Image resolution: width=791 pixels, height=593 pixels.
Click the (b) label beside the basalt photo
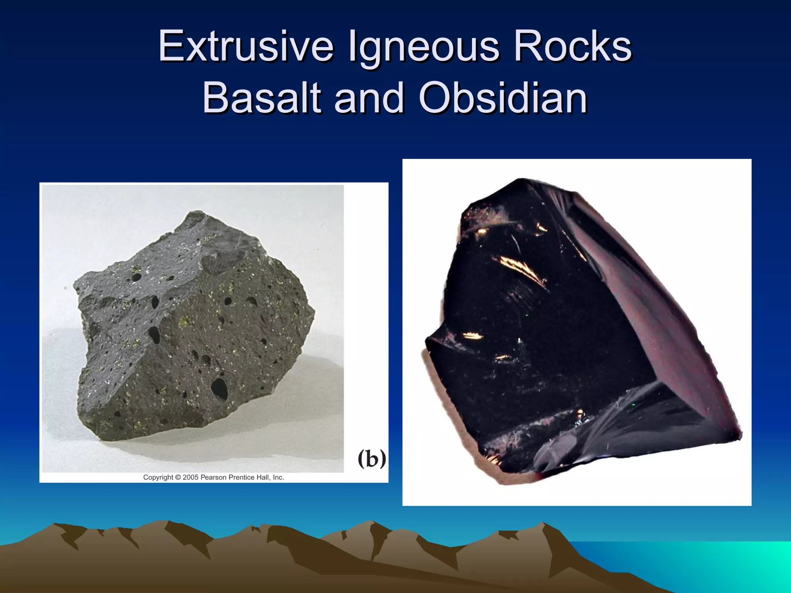point(372,459)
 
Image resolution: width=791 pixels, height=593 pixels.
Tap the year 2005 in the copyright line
point(190,478)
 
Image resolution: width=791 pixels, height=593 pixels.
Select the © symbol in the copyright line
point(178,478)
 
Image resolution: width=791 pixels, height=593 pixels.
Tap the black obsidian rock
point(560,328)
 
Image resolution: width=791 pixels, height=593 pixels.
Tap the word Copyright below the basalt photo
point(158,478)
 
